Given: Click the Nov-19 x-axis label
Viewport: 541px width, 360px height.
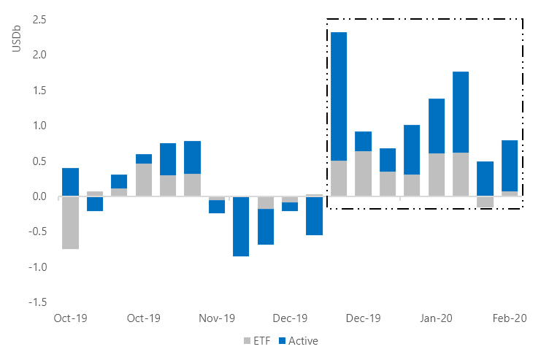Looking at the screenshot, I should click(217, 318).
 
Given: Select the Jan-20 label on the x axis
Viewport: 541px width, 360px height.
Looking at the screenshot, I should click(437, 318).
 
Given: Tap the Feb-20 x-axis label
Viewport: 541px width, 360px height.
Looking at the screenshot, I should click(510, 318).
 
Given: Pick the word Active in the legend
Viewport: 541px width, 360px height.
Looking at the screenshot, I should click(303, 340).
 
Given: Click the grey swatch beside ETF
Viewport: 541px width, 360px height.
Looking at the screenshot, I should click(246, 341).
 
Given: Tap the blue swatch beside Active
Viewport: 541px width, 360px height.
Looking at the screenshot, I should click(283, 341).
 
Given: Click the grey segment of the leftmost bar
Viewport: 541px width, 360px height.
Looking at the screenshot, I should click(71, 223).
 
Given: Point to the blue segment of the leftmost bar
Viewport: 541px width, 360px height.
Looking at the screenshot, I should click(71, 182).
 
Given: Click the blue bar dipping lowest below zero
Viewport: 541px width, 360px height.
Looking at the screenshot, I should click(241, 226).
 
